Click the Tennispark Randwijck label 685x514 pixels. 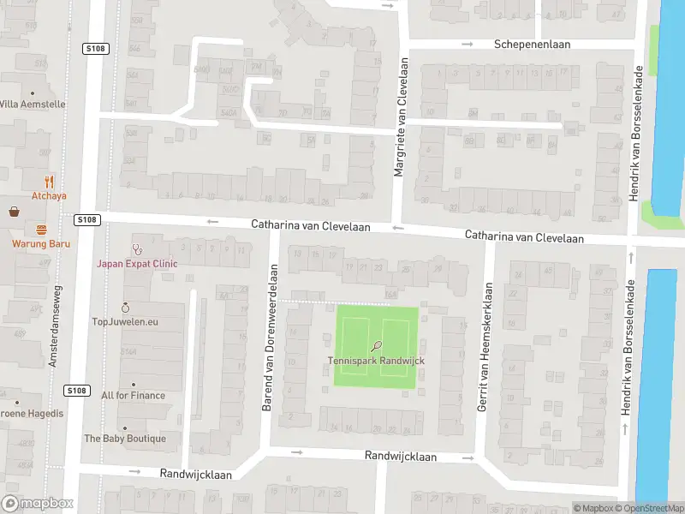pos(376,361)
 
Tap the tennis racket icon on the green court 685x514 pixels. pos(377,346)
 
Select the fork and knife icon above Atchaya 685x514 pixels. pos(49,181)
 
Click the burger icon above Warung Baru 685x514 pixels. pos(41,229)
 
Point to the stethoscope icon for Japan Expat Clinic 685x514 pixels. pos(136,249)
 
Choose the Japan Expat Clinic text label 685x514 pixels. pos(136,264)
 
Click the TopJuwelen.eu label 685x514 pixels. pos(125,322)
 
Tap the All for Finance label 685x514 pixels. pos(133,396)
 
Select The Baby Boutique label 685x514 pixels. pos(125,439)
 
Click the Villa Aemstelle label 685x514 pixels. pos(32,104)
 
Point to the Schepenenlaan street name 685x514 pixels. pos(526,45)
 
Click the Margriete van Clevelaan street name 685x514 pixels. pos(398,118)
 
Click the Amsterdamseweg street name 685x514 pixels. pos(54,315)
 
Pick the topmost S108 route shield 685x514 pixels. pos(95,49)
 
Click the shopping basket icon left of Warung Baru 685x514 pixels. pos(15,212)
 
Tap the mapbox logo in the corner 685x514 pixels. pos(38,504)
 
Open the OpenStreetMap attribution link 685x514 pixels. pos(649,509)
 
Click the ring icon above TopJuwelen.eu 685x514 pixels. pos(125,308)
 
